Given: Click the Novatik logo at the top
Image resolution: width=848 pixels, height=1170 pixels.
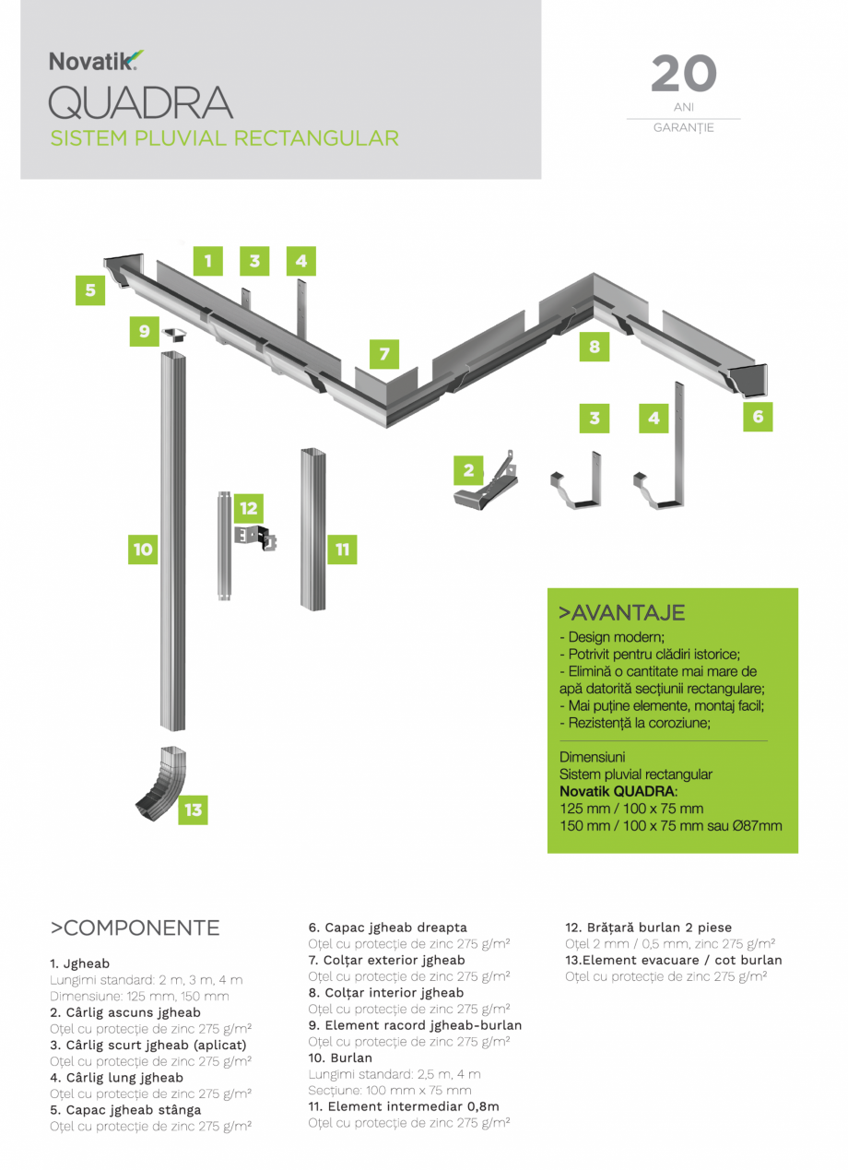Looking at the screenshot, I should coord(96,62).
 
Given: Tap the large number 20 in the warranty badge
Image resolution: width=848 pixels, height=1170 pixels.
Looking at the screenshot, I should coord(683,75).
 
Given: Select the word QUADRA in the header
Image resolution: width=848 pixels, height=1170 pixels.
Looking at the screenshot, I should coord(140,102).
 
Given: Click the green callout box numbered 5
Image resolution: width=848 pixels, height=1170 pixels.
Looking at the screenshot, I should coord(90,290).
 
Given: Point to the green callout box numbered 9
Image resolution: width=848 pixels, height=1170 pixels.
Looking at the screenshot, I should coord(144,332).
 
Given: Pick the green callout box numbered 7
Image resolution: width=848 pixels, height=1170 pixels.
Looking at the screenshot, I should coord(384,354).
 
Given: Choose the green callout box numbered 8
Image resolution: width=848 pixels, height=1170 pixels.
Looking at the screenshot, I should coord(595,348).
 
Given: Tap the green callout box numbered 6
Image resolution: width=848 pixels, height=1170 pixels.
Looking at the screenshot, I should coord(758,417).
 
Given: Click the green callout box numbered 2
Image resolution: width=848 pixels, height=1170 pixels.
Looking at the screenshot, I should coord(468,471).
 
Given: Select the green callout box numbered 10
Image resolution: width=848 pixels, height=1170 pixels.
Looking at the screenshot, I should coord(143,550).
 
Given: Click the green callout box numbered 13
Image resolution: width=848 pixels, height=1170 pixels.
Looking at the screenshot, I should coord(193,810).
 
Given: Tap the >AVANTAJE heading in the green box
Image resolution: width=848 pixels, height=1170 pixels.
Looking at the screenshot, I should coord(621,613).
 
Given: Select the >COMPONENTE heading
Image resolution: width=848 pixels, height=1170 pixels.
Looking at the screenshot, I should coord(135,928).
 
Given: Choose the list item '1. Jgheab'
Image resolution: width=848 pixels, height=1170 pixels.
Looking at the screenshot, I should coord(79,963).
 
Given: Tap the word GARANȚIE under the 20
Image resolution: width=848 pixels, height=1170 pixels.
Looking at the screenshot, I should coord(683,128).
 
